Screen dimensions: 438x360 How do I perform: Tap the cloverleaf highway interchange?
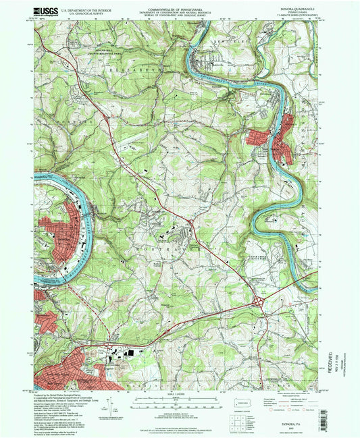point(261,302)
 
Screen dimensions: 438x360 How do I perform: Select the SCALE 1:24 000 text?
point(180,394)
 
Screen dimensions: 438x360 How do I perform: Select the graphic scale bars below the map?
point(180,402)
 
